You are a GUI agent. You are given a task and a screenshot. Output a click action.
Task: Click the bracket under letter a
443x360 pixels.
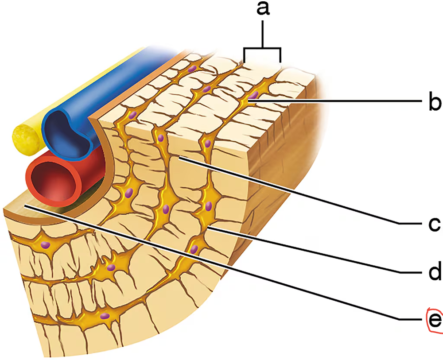(262, 50)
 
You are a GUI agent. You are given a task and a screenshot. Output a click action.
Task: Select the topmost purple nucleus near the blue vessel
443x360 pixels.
(191, 69)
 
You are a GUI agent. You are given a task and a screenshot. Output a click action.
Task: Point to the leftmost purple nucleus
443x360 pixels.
(45, 244)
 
